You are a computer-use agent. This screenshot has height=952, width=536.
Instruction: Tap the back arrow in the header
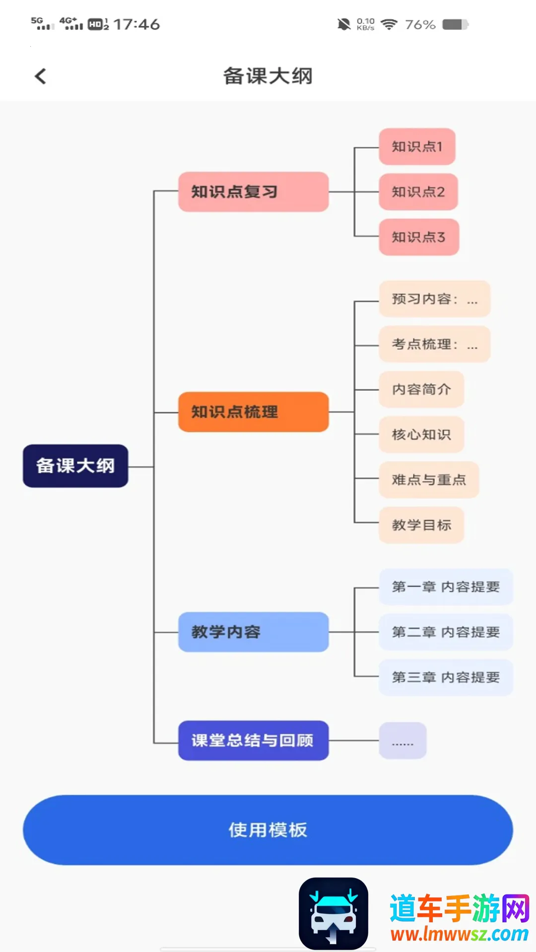click(41, 76)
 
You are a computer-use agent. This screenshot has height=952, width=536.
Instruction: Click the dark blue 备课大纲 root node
click(75, 466)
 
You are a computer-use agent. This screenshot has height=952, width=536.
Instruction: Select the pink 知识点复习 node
click(253, 192)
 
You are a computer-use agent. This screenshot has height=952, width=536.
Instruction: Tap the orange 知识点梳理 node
click(253, 412)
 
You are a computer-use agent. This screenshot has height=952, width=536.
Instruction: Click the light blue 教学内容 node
click(253, 632)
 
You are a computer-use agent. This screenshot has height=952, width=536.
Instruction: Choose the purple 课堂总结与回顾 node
click(253, 740)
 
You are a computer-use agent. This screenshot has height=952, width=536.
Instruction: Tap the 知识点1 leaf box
click(417, 147)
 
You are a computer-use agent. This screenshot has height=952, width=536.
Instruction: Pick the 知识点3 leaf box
click(418, 237)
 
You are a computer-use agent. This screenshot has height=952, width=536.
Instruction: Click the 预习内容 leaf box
click(434, 299)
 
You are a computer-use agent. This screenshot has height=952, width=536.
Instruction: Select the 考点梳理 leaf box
click(434, 344)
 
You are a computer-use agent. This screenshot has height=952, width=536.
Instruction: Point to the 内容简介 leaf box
click(421, 389)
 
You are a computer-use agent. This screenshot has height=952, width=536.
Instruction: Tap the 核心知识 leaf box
click(421, 434)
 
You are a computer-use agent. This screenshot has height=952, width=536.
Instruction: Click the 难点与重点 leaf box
click(429, 479)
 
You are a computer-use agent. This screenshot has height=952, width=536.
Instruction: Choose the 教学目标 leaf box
click(421, 525)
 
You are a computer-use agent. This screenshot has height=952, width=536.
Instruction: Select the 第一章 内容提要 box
click(446, 587)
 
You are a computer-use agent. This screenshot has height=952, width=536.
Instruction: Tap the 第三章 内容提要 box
click(446, 677)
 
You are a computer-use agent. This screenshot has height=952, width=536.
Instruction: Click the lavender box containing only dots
click(402, 741)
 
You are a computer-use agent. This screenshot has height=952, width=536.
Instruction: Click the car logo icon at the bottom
click(334, 913)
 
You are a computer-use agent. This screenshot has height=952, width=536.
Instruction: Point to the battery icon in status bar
click(455, 24)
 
